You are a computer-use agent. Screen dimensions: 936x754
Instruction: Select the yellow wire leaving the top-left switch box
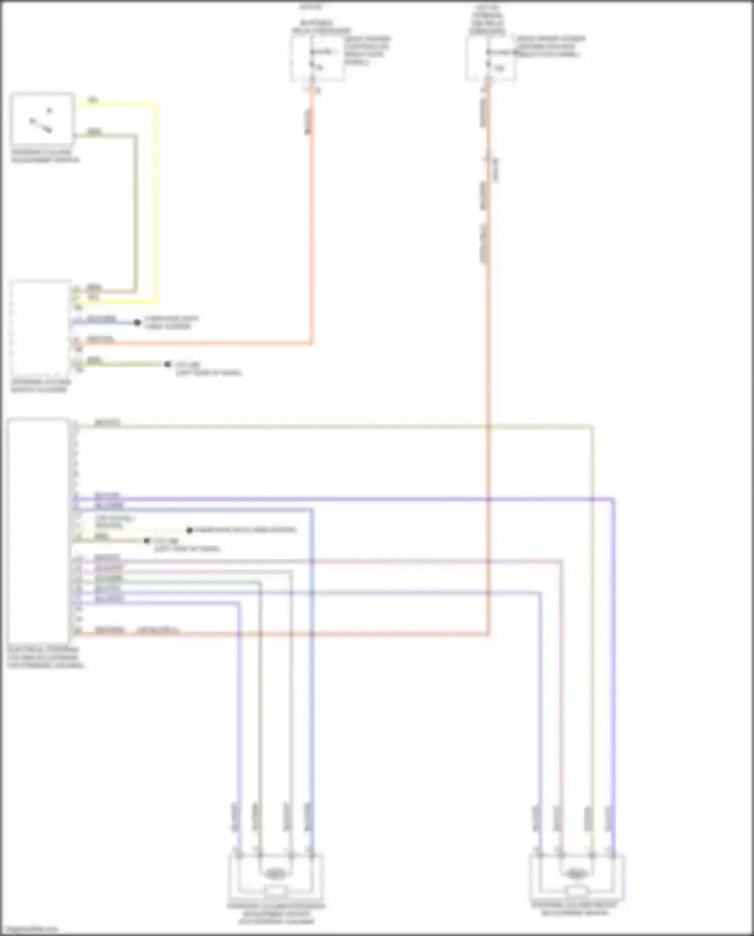point(156,201)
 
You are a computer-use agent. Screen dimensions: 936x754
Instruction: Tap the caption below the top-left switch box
point(45,156)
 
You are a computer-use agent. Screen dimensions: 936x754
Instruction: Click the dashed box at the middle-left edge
point(40,329)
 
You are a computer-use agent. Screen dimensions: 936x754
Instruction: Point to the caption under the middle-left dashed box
point(41,386)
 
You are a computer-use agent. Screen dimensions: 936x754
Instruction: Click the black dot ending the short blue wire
point(137,322)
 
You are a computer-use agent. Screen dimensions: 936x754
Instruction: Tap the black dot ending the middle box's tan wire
point(167,364)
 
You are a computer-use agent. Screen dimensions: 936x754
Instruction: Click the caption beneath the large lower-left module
point(45,657)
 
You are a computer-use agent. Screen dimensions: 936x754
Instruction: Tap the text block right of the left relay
point(367,50)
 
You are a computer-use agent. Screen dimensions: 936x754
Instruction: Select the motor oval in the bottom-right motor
point(576,874)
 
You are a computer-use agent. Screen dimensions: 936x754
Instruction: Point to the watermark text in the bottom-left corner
point(30,929)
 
